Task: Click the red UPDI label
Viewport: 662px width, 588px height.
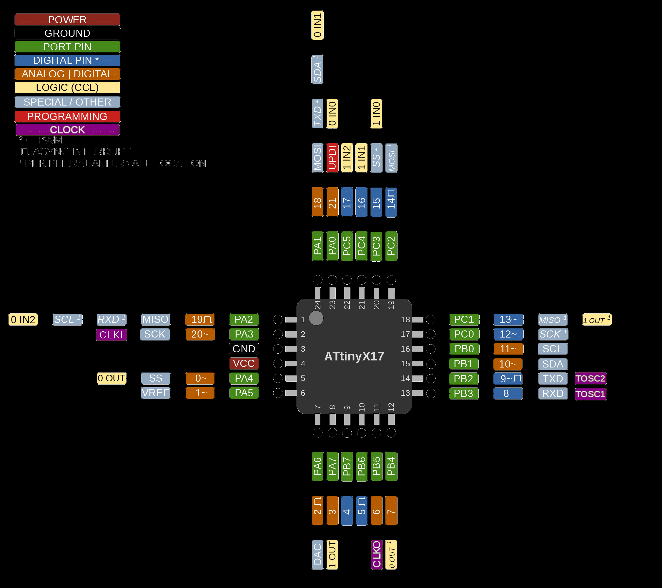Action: tap(332, 158)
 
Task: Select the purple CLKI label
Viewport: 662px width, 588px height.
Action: tap(111, 335)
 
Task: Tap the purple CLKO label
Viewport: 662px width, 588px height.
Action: tap(376, 555)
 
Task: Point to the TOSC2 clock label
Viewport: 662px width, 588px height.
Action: tap(590, 378)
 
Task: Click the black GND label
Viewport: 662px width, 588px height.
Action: tap(244, 349)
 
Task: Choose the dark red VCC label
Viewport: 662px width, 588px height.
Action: tap(244, 363)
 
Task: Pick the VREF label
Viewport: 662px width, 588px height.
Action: tap(155, 393)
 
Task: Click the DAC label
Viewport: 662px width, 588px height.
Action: tap(317, 555)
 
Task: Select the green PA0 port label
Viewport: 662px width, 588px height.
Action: tap(332, 246)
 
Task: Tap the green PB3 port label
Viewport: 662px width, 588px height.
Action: tap(463, 393)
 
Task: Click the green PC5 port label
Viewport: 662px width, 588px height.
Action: tap(347, 246)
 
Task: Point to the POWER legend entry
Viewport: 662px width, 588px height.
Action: tap(67, 20)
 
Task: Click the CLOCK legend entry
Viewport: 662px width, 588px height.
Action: tap(67, 130)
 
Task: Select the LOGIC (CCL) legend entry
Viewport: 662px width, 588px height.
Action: tap(67, 87)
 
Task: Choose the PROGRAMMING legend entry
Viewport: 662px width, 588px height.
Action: tap(67, 116)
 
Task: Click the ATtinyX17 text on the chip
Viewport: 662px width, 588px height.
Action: tap(354, 356)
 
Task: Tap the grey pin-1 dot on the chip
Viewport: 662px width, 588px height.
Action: tap(316, 318)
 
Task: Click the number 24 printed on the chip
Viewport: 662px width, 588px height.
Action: tap(318, 305)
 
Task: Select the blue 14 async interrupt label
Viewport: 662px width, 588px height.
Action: tap(391, 202)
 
